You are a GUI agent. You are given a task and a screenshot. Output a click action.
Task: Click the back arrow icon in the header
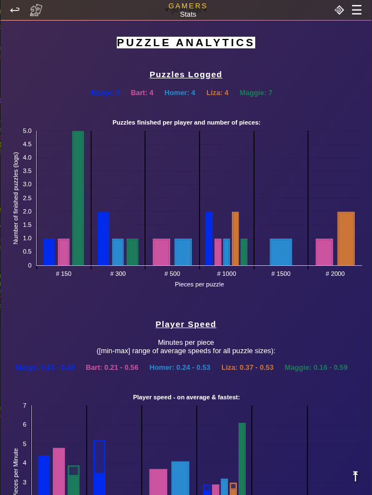point(15,9)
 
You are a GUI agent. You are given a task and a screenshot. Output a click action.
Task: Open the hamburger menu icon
point(356,10)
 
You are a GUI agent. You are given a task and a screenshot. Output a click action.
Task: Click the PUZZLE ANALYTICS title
point(186,43)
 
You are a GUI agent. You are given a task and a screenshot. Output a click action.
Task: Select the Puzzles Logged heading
point(186,75)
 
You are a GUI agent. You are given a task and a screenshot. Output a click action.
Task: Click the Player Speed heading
point(186,324)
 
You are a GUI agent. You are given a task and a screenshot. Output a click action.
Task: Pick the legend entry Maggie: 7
point(256,93)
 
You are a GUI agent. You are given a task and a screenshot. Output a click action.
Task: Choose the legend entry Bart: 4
point(142,93)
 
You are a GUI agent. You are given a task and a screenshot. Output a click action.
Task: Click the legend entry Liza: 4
point(217,93)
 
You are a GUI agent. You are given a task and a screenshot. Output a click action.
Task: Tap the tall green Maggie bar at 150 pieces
point(78,198)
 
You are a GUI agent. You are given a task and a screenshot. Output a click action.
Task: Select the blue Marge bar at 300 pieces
point(103,239)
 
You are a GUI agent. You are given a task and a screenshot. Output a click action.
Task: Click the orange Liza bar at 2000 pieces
point(346,239)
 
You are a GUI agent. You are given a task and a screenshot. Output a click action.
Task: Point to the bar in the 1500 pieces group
point(281,252)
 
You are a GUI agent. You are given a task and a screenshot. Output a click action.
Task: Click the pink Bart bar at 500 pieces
point(161,252)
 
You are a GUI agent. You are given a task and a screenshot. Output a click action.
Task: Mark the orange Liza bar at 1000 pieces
point(235,239)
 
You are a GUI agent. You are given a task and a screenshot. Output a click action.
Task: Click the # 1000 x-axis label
point(226,274)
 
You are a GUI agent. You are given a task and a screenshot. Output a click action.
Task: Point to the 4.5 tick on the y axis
point(27,144)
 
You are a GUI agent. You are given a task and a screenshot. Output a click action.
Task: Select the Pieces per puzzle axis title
point(199,284)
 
